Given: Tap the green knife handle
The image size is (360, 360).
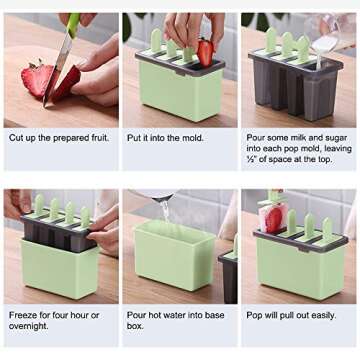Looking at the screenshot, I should (73, 22).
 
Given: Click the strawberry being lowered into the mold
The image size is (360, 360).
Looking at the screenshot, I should (205, 52).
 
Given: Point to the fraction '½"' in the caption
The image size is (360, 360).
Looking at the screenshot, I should (248, 163).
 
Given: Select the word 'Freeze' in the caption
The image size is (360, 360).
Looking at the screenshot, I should (24, 314).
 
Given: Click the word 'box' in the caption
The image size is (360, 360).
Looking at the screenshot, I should (134, 327).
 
